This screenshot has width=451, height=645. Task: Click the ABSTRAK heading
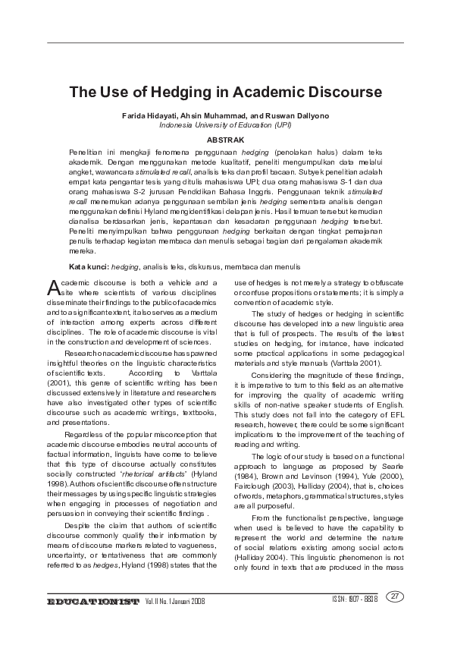(x=225, y=140)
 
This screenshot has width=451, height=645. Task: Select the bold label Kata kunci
(x=89, y=266)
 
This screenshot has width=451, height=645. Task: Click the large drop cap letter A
(x=53, y=287)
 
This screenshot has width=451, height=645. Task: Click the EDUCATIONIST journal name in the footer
(x=93, y=602)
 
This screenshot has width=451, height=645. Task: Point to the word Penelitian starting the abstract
(x=85, y=153)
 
